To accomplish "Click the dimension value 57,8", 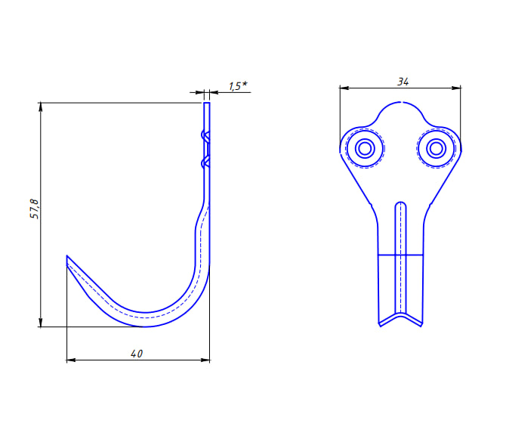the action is click(x=34, y=209).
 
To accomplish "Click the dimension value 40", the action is click(x=137, y=354).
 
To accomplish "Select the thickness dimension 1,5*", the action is click(x=238, y=86).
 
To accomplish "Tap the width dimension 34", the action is click(x=403, y=82).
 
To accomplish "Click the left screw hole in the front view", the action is click(x=365, y=149).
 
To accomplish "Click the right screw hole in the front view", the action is click(x=437, y=149).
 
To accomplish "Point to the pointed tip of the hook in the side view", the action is click(x=66, y=255).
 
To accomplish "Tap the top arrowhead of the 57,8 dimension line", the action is click(x=40, y=107).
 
